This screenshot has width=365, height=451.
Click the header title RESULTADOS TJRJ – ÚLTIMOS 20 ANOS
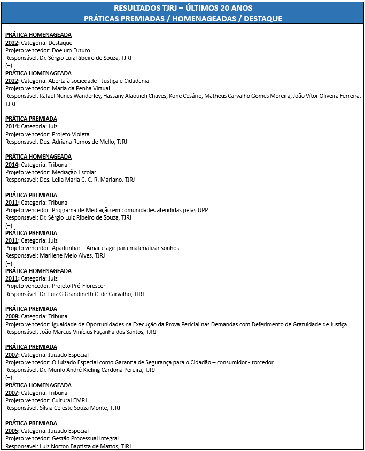(x=183, y=8)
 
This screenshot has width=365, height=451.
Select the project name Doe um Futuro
(x=71, y=50)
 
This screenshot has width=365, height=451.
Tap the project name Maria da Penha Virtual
(x=81, y=88)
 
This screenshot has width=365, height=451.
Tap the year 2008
(x=12, y=316)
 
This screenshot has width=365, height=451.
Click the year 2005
(x=12, y=431)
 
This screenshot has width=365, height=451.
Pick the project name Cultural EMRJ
(x=69, y=400)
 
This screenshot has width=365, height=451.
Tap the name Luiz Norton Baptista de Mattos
(x=79, y=446)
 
